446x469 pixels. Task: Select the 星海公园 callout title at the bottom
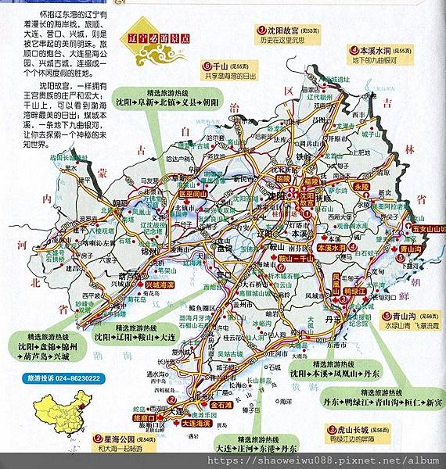(115, 439)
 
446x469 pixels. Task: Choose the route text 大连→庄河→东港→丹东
(257, 449)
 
